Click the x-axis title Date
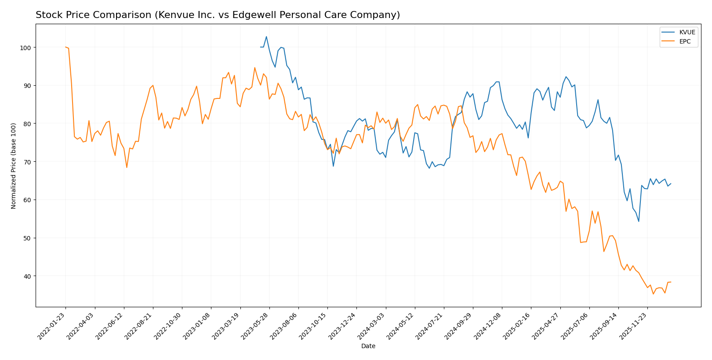[368, 346]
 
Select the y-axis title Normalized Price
[14, 166]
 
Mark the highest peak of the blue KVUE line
[266, 36]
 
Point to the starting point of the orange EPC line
[65, 47]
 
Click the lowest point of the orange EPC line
[653, 294]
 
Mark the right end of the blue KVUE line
[671, 184]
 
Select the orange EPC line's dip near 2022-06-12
[127, 167]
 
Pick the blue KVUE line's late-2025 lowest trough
[639, 221]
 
